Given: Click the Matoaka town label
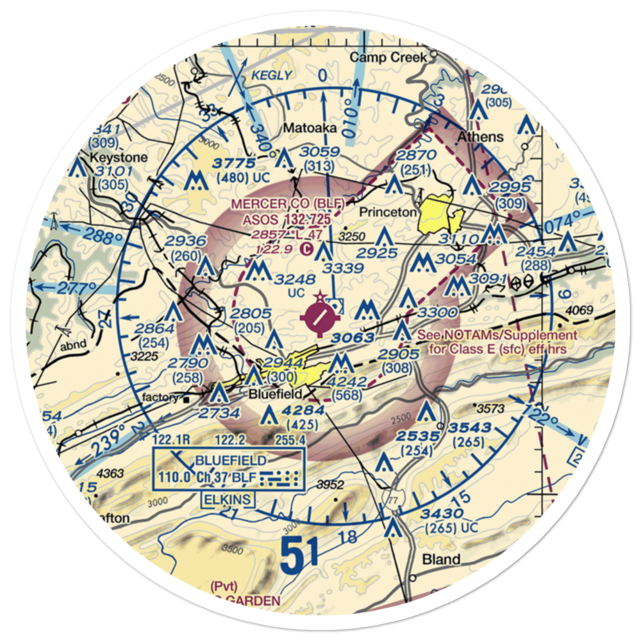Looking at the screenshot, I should pos(310,128).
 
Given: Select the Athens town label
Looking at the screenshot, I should pos(480,137).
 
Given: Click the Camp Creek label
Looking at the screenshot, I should pos(388,58).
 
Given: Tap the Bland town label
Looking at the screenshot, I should pos(441,560).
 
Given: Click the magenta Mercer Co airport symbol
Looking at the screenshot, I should pos(320,315).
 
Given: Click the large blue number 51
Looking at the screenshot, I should pos(300,555).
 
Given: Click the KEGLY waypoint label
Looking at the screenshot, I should pos(272,76).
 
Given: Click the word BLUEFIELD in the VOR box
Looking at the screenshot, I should pos(232,461).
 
